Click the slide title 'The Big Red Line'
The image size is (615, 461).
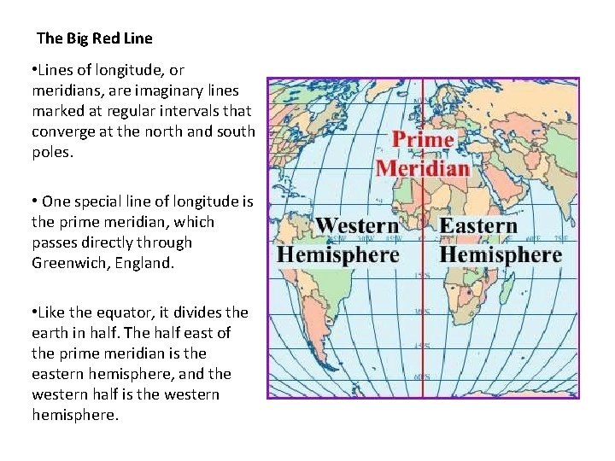[x=95, y=38]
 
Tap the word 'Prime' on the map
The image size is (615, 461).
[x=423, y=140]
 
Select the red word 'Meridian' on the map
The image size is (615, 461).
[x=423, y=166]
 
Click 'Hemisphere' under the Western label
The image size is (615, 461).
[x=338, y=254]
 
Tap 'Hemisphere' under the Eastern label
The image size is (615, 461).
[x=501, y=254]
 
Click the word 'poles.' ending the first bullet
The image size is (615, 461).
[x=52, y=152]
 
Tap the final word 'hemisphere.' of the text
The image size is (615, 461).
[x=74, y=415]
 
